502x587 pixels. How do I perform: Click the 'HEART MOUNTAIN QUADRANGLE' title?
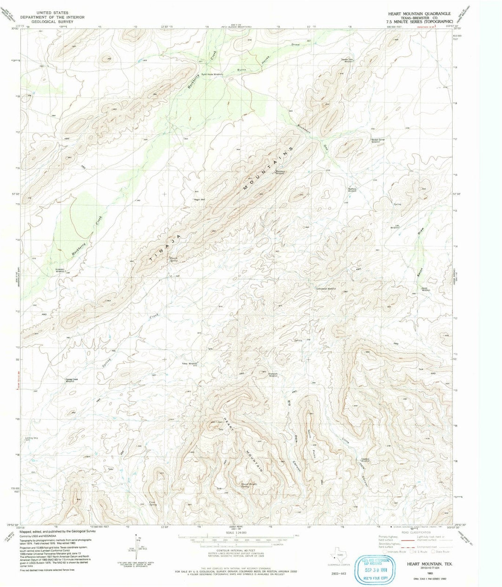click(420, 14)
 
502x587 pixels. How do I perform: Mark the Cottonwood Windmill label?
click(326, 289)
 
